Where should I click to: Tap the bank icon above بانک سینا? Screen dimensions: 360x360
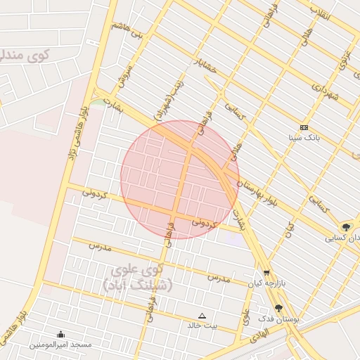point(304,127)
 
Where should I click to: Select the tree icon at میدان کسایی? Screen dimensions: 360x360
point(346,226)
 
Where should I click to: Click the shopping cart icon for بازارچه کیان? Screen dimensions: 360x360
point(266,273)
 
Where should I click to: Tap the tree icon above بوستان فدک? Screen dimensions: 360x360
point(278,308)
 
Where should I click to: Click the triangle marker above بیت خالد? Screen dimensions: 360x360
point(202,316)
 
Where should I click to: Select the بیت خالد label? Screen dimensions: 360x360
point(202,326)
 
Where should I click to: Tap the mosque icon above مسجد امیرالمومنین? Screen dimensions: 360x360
point(60,334)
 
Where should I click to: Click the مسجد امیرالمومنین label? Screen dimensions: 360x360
point(60,345)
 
